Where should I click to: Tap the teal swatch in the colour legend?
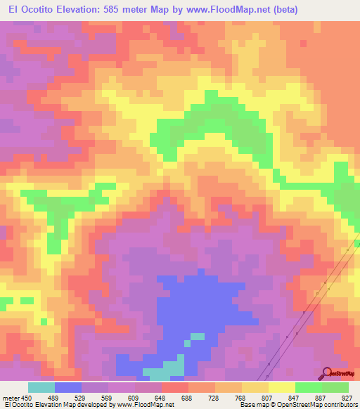pyautogui.click(x=41, y=388)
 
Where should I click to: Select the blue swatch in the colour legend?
pyautogui.click(x=68, y=388)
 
